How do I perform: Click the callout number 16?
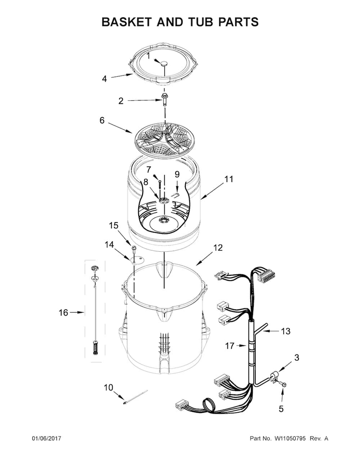point(63,313)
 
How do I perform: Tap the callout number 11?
point(228,179)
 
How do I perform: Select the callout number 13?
point(286,331)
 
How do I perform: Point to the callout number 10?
point(108,388)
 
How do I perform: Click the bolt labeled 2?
point(164,99)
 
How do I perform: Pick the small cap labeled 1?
point(164,63)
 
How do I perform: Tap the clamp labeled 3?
point(274,378)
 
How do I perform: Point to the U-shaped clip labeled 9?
point(175,194)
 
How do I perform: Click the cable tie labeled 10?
point(135,397)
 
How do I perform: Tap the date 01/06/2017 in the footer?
point(46,438)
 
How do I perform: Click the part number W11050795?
point(289,438)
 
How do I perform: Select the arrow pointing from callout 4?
point(122,76)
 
